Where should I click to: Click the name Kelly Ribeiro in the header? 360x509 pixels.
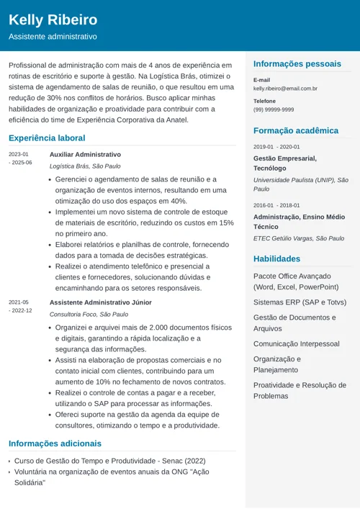[53, 19]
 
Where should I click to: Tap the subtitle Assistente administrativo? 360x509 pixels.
[53, 36]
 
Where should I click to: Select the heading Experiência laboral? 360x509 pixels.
[47, 138]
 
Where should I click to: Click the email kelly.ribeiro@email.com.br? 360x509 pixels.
[285, 89]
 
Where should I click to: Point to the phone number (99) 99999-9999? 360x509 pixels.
[274, 109]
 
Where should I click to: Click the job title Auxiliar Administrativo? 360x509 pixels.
[85, 154]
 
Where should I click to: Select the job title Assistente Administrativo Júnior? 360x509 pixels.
[100, 302]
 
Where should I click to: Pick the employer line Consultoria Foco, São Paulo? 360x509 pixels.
[89, 314]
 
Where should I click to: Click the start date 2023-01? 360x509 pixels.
[19, 154]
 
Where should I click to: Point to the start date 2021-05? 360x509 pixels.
[19, 302]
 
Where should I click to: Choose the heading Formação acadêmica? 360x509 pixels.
[295, 130]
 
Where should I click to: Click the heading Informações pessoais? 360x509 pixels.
[297, 64]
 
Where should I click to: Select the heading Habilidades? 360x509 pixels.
[276, 258]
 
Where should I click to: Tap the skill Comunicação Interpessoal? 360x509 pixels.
[296, 344]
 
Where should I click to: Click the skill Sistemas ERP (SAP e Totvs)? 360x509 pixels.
[300, 302]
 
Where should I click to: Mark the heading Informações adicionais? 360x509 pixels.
[55, 443]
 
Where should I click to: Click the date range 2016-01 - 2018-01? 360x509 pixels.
[276, 205]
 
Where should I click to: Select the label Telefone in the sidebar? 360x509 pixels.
[265, 101]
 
